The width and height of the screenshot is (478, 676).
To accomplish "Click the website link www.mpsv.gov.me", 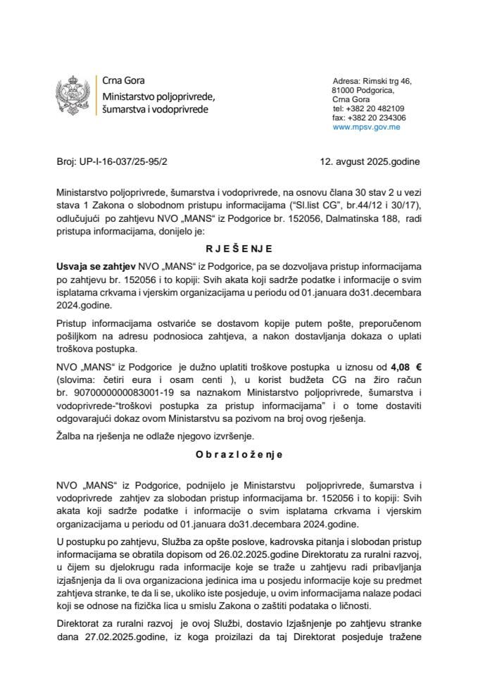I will pyautogui.click(x=367, y=127).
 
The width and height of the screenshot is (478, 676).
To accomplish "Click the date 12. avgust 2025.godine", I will pyautogui.click(x=369, y=161).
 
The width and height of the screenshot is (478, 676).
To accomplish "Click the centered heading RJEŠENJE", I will pyautogui.click(x=239, y=249).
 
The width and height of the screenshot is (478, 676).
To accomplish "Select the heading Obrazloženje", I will pyautogui.click(x=239, y=454).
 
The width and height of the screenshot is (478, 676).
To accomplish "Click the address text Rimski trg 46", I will pyautogui.click(x=389, y=82).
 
